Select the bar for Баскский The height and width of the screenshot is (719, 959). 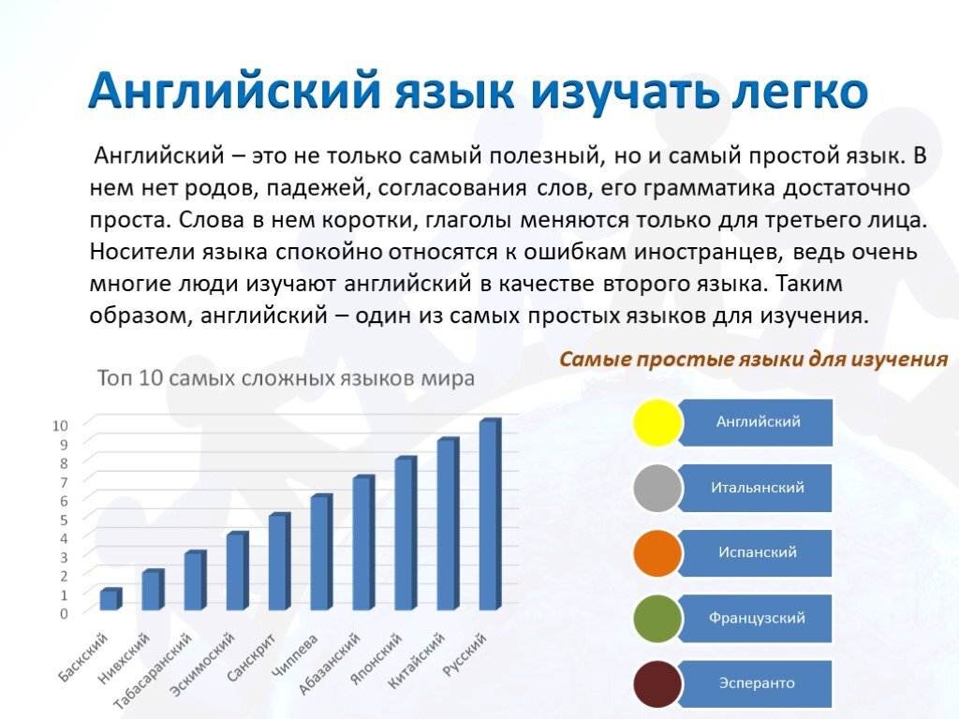(111, 599)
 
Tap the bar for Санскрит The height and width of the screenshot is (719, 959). (279, 562)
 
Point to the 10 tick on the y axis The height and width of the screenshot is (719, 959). (60, 426)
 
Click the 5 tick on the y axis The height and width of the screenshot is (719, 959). (64, 520)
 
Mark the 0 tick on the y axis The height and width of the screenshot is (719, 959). (64, 614)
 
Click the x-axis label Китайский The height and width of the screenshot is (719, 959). (417, 660)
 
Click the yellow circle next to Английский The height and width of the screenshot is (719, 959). (657, 422)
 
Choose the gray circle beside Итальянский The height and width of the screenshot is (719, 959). (657, 488)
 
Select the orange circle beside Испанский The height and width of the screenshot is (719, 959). (657, 553)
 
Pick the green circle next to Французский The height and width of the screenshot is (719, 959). (657, 619)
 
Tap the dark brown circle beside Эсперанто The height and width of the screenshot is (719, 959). (657, 684)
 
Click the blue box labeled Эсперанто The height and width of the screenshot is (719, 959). (757, 683)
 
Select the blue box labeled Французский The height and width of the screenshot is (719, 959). (757, 618)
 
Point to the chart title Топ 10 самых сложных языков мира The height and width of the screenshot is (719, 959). (286, 378)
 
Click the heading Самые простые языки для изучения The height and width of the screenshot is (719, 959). (754, 359)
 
